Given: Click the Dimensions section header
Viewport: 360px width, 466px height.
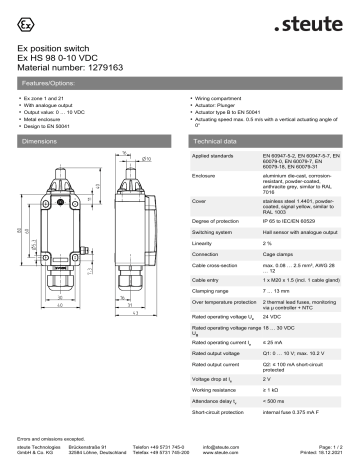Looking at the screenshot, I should click(45, 142).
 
